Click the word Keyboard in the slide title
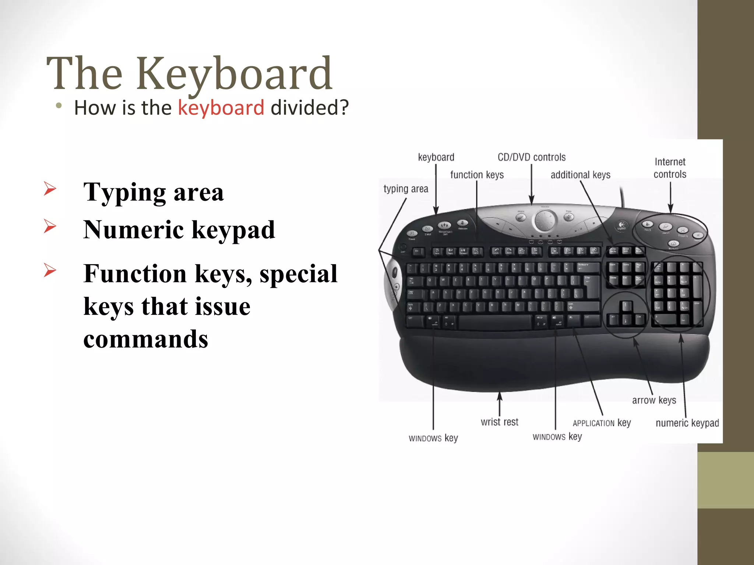coord(235,74)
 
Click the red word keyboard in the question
coord(221,108)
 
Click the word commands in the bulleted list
coord(146,339)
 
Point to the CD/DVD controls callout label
coord(531,157)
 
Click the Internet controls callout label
coord(670,168)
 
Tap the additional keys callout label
coord(580,175)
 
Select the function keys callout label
coord(477,175)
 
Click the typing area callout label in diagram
coord(406,189)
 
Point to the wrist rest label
coord(499,422)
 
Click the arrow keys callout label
coord(654,400)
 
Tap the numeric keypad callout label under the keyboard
coord(687,423)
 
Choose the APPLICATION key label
coord(602,423)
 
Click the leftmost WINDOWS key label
coord(433,438)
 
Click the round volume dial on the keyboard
coord(545,221)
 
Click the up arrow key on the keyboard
coord(625,306)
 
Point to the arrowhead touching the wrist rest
coord(500,395)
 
